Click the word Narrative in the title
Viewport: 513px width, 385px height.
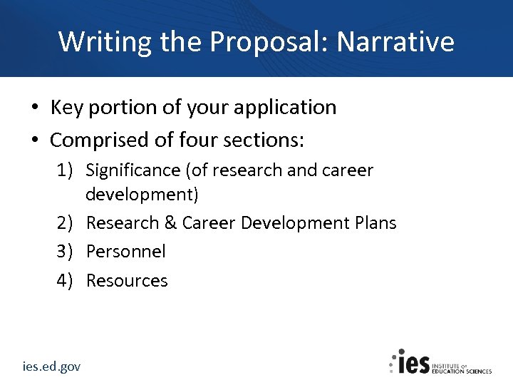point(395,41)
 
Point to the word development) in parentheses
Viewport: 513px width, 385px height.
point(142,194)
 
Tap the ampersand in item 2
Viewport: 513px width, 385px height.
point(170,223)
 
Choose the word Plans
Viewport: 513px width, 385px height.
point(375,223)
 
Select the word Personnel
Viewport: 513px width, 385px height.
point(125,252)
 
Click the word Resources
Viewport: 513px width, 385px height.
point(127,281)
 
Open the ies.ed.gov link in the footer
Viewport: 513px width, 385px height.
point(51,366)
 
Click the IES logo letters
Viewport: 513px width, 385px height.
point(413,362)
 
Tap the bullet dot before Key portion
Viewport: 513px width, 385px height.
point(34,108)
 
